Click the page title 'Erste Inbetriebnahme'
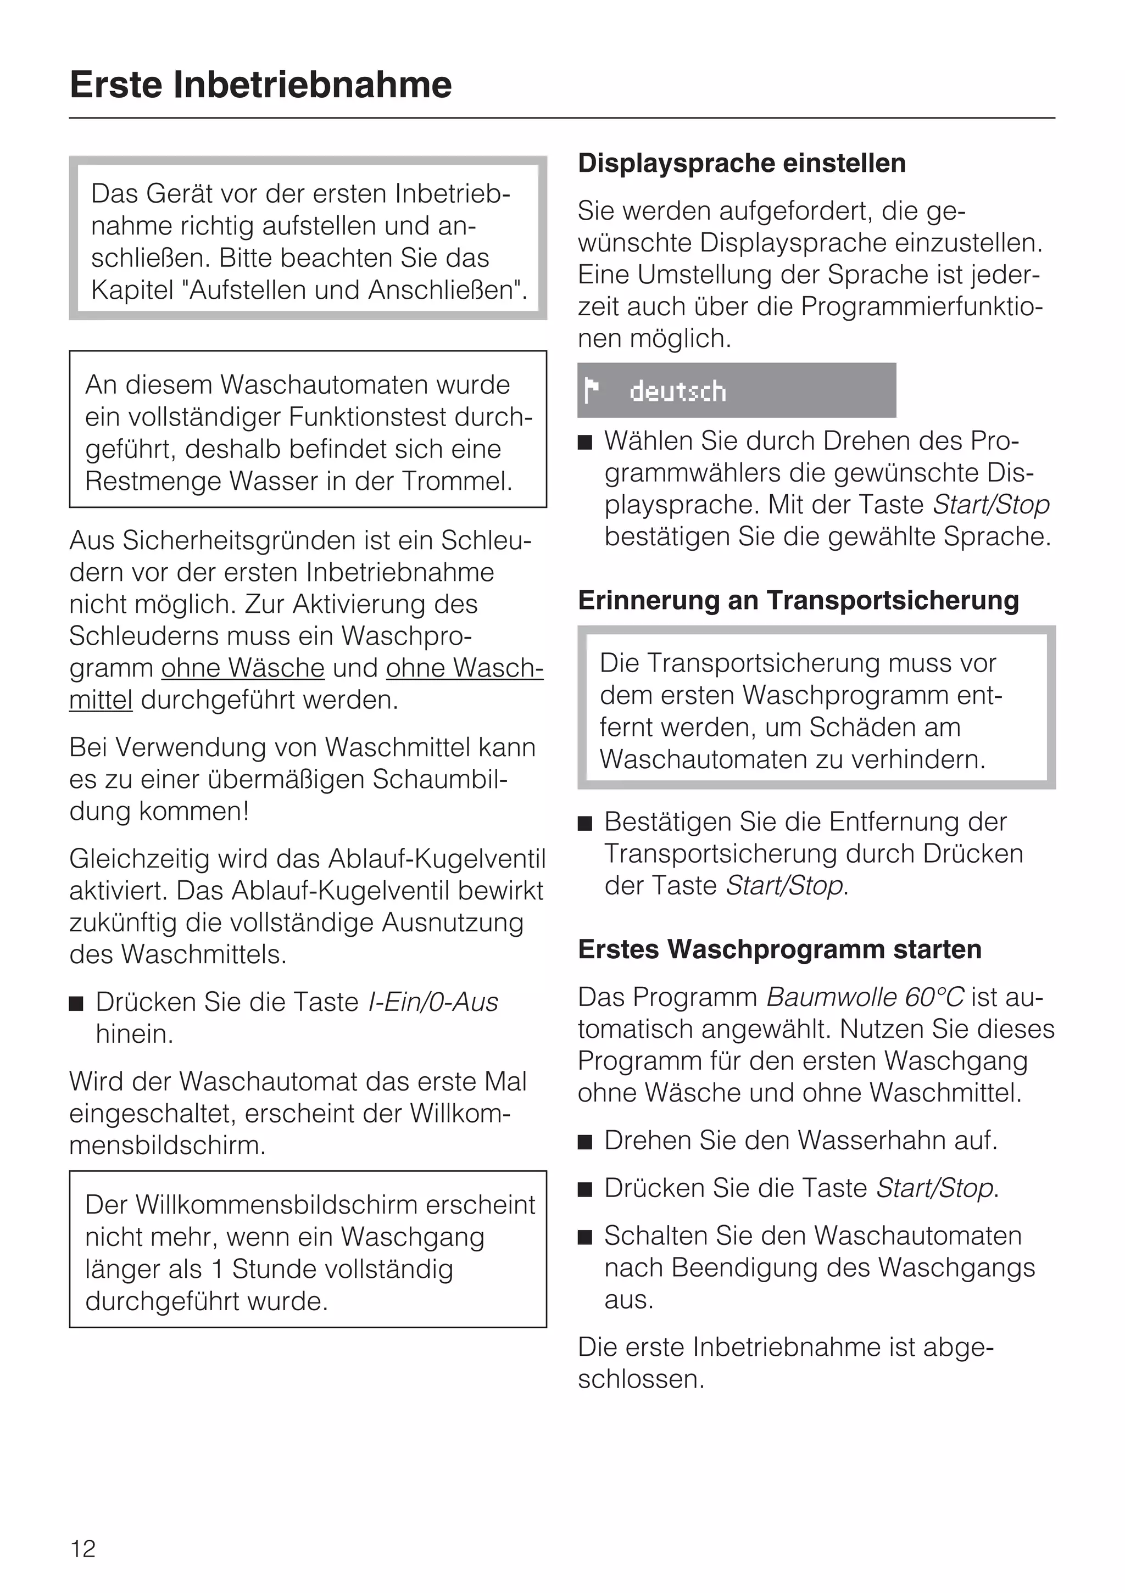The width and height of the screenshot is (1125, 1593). pyautogui.click(x=261, y=85)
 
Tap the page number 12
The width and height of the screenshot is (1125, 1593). pyautogui.click(x=83, y=1548)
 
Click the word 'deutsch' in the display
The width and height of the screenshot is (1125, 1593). pyautogui.click(x=677, y=392)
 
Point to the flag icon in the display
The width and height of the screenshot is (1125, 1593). pyautogui.click(x=591, y=390)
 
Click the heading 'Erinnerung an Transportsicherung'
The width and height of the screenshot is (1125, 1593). pyautogui.click(x=798, y=600)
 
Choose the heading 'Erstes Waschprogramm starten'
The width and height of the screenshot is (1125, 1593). pyautogui.click(x=779, y=949)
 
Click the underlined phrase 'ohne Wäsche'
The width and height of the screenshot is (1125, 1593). pyautogui.click(x=243, y=668)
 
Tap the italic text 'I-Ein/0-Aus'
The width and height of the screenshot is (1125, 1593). pyautogui.click(x=433, y=1002)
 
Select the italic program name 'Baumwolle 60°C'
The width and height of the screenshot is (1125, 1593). pyautogui.click(x=865, y=997)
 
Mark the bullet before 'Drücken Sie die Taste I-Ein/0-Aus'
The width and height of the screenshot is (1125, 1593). pyautogui.click(x=76, y=1004)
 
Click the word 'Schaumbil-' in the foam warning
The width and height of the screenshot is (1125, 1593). pyautogui.click(x=440, y=779)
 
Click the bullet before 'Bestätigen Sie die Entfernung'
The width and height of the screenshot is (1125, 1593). pyautogui.click(x=585, y=824)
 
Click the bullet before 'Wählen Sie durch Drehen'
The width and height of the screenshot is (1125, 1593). pyautogui.click(x=585, y=443)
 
